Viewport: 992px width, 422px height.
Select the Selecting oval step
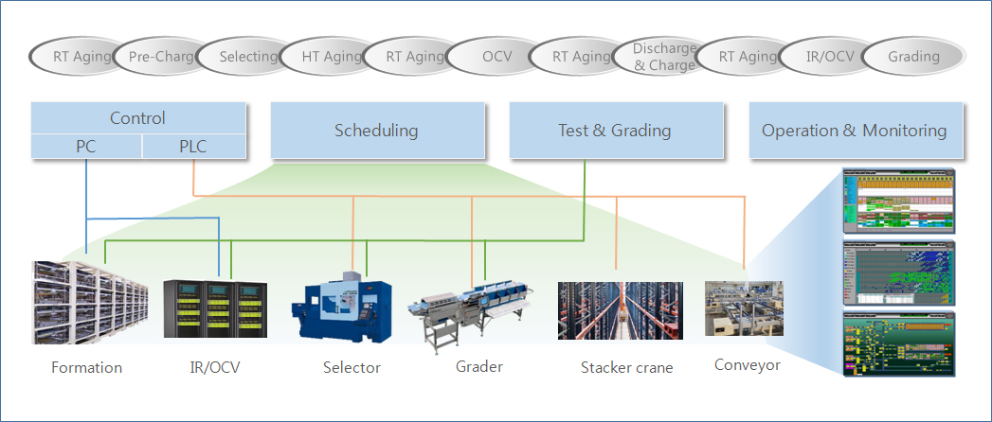coord(246,57)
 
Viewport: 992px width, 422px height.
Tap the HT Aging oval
coord(330,57)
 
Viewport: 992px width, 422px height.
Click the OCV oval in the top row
coord(496,57)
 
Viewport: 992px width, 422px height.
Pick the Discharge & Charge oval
coord(664,57)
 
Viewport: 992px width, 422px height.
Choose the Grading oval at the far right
coord(913,57)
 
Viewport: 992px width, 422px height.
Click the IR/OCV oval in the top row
coord(830,57)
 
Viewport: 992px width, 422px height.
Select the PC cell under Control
coord(86,146)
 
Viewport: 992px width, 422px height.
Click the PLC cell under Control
coord(194,146)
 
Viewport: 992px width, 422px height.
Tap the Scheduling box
coord(376,131)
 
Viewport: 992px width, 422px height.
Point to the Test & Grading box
coord(615,131)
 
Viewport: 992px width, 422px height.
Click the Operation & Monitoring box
coord(855,131)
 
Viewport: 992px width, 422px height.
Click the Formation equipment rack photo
coord(90,302)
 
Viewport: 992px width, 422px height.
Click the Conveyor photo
coord(744,308)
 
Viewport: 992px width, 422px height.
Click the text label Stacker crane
coord(626,367)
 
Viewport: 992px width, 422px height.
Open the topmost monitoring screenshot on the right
coord(898,202)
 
